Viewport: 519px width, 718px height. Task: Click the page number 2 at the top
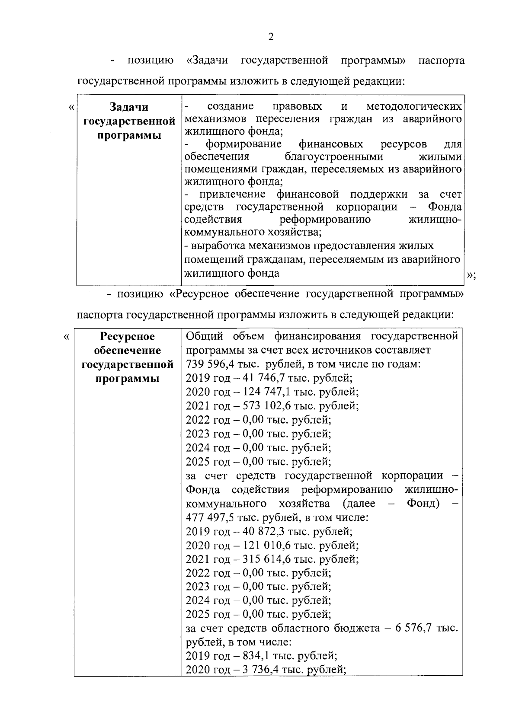point(271,37)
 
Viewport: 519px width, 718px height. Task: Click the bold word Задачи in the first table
point(129,107)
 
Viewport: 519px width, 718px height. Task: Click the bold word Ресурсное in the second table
point(128,336)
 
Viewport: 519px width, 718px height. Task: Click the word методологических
point(414,106)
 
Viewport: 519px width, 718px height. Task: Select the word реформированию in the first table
point(325,220)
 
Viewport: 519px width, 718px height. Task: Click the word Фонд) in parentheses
point(423,504)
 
